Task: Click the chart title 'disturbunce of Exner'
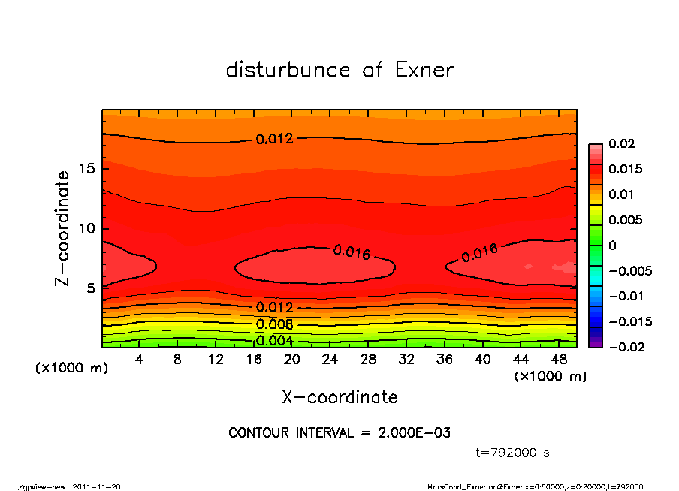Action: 339,70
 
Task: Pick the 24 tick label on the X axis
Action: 330,360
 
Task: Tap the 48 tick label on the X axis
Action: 560,360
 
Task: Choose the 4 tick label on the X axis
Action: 140,360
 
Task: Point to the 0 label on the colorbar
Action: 612,245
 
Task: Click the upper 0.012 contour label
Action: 274,139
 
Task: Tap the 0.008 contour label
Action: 274,324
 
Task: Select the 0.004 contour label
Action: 274,341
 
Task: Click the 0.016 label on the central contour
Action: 352,252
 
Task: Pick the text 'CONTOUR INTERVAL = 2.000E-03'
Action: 339,433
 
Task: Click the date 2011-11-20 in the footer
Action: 97,487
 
